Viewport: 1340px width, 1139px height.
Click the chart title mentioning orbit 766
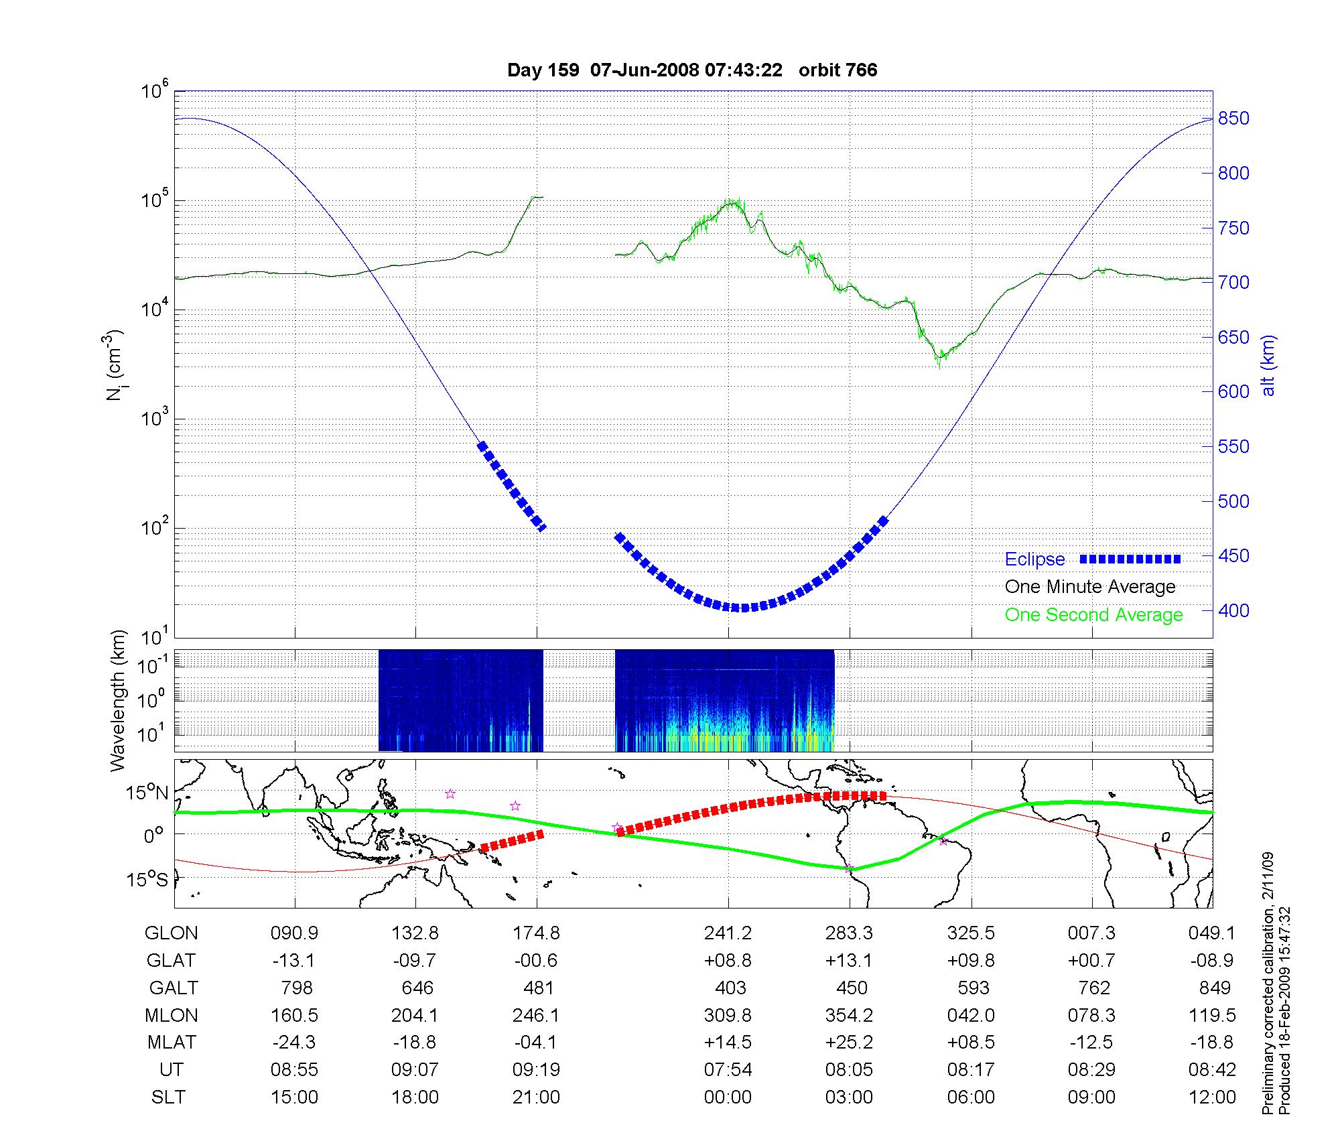click(692, 70)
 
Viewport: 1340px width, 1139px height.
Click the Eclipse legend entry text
click(1034, 559)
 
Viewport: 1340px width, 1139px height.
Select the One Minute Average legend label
click(1090, 587)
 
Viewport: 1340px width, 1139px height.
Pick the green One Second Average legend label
click(1093, 615)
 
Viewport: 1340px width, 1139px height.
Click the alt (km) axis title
click(1268, 365)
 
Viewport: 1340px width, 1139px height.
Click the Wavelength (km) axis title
click(119, 701)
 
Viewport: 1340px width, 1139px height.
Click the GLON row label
click(172, 933)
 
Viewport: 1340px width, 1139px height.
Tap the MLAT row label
click(172, 1043)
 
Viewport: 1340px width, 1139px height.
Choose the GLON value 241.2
click(728, 933)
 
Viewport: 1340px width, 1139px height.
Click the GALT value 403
click(730, 988)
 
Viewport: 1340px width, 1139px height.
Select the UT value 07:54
click(728, 1070)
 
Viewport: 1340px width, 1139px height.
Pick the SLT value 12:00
click(1212, 1097)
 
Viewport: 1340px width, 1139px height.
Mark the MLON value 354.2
click(849, 1016)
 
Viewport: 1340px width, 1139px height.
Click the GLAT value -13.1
click(293, 961)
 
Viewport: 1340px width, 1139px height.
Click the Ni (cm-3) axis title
click(115, 365)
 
